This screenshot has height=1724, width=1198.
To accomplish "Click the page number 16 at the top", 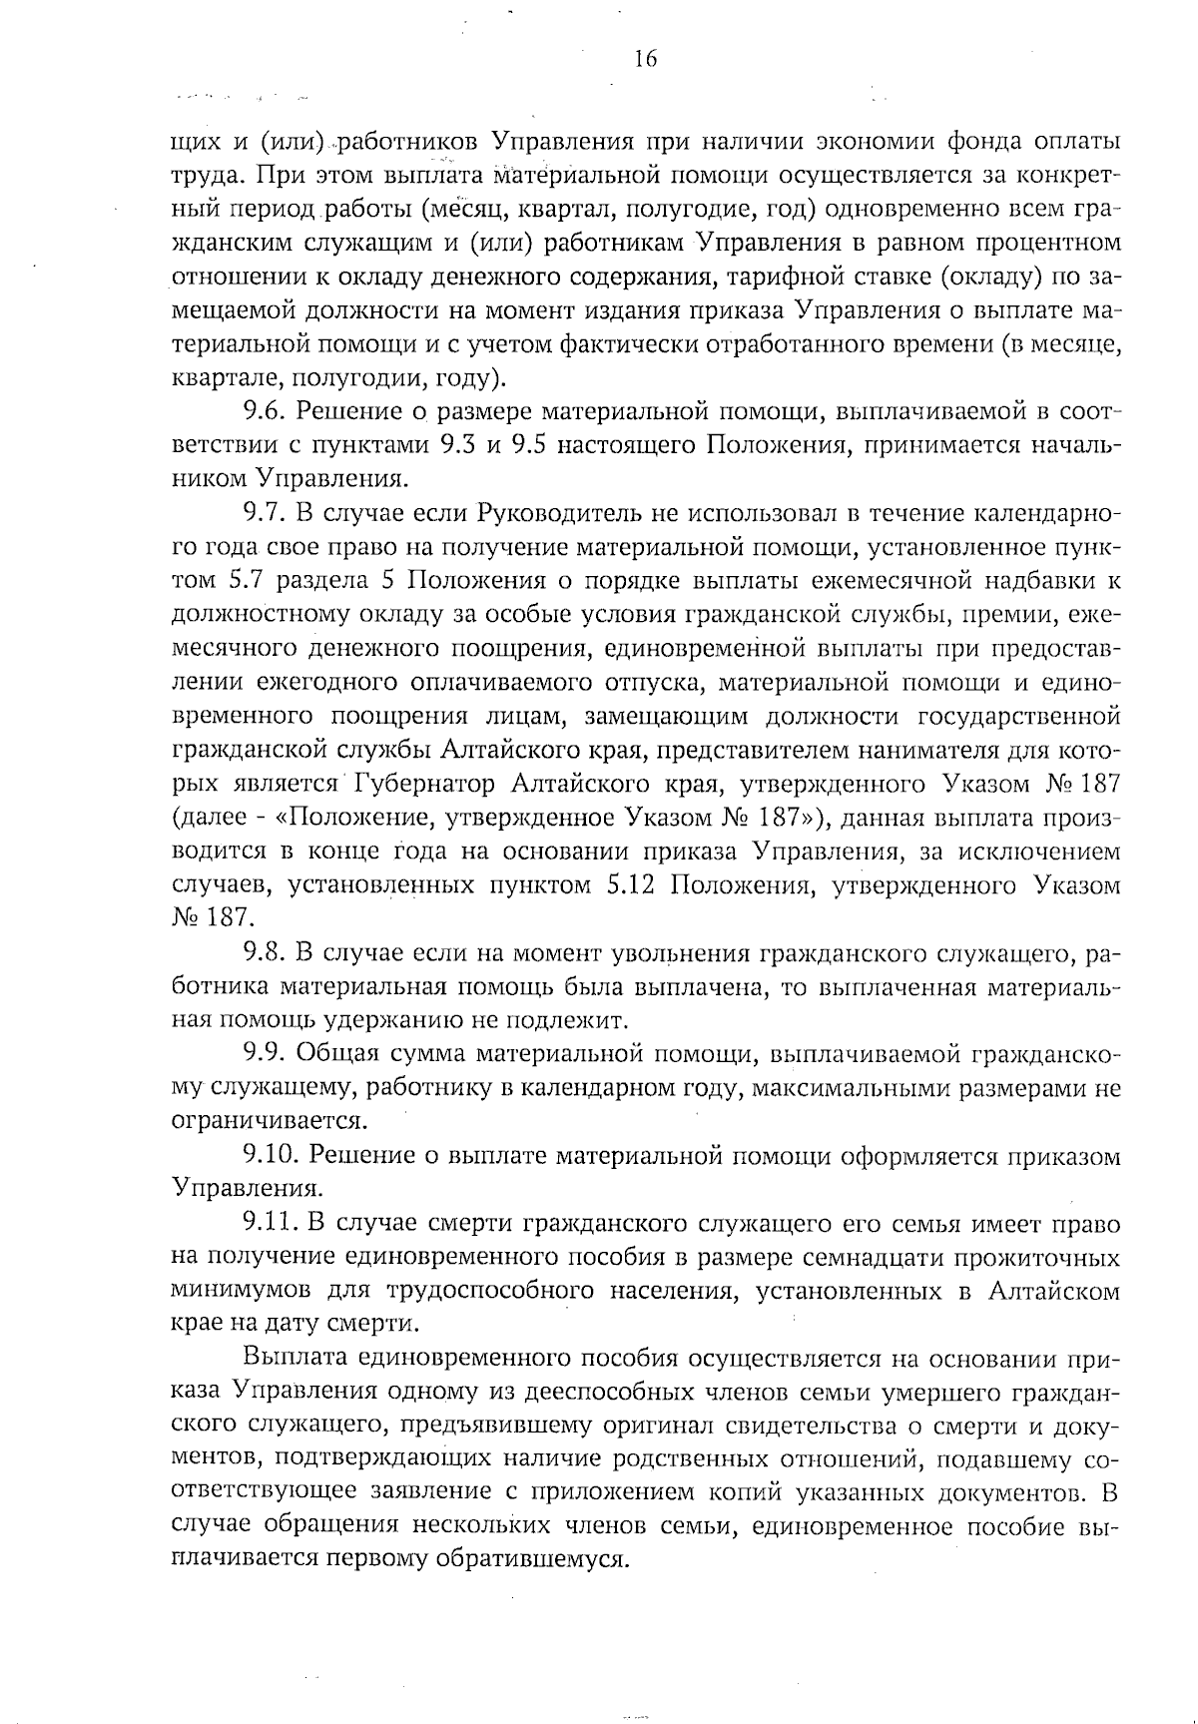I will pyautogui.click(x=645, y=59).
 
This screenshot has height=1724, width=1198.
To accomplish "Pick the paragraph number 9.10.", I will pyautogui.click(x=270, y=1155).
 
